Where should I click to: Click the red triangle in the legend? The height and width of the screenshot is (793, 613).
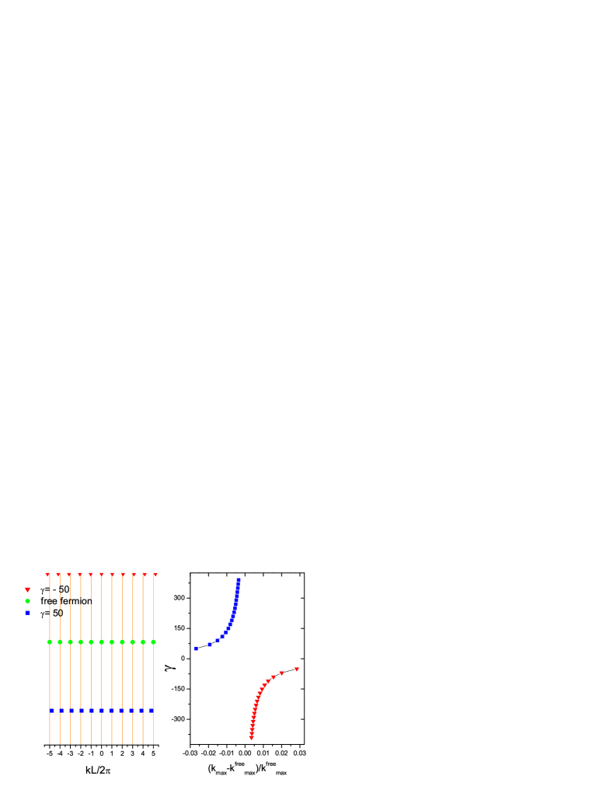click(28, 590)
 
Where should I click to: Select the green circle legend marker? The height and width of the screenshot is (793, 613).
click(28, 601)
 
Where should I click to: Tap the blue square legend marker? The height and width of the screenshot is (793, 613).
click(28, 613)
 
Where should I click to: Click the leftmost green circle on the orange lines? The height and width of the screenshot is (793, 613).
click(50, 642)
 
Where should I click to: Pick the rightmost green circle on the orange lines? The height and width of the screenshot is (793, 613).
click(154, 642)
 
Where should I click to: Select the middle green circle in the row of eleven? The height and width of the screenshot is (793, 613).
click(102, 642)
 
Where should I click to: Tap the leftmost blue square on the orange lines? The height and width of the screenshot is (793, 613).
click(52, 711)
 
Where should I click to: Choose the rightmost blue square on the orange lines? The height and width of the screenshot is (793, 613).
click(152, 711)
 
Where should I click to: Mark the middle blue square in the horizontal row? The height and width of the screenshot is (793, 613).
click(102, 711)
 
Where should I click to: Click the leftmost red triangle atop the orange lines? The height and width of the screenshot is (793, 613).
click(47, 575)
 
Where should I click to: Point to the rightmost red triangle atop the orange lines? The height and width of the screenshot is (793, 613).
click(155, 575)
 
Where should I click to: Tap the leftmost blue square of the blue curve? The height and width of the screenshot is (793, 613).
click(197, 649)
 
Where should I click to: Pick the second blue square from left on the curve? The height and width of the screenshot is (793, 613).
click(210, 645)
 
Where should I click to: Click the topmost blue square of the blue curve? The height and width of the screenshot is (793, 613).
click(239, 579)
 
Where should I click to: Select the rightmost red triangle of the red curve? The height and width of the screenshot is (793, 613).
click(297, 670)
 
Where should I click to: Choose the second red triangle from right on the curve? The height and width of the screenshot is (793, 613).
click(282, 673)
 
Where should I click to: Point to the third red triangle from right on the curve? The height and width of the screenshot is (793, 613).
click(273, 677)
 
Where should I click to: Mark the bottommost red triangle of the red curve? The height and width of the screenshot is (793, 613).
click(251, 738)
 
